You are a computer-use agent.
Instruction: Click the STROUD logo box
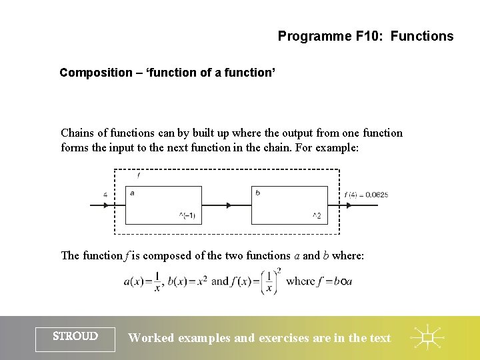pyautogui.click(x=75, y=337)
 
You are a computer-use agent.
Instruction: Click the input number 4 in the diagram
pyautogui.click(x=105, y=195)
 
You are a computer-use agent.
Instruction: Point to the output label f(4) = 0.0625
pyautogui.click(x=367, y=195)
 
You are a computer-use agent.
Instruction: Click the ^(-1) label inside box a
pyautogui.click(x=187, y=215)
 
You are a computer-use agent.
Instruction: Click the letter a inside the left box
pyautogui.click(x=132, y=193)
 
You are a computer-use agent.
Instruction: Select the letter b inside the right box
pyautogui.click(x=257, y=193)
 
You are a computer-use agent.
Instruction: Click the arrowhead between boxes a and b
pyautogui.click(x=229, y=205)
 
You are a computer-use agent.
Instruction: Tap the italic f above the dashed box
pyautogui.click(x=138, y=175)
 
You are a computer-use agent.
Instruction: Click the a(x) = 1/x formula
pyautogui.click(x=143, y=281)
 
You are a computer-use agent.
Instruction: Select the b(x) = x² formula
pyautogui.click(x=187, y=281)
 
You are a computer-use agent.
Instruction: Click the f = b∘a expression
pyautogui.click(x=338, y=281)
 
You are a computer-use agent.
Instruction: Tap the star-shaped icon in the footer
pyautogui.click(x=427, y=338)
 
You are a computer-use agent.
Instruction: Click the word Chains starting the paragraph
pyautogui.click(x=77, y=133)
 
